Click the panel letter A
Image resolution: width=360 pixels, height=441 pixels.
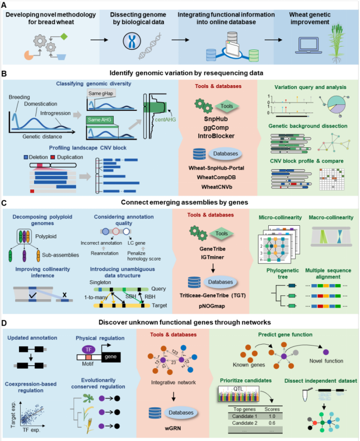[x=5, y=5]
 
